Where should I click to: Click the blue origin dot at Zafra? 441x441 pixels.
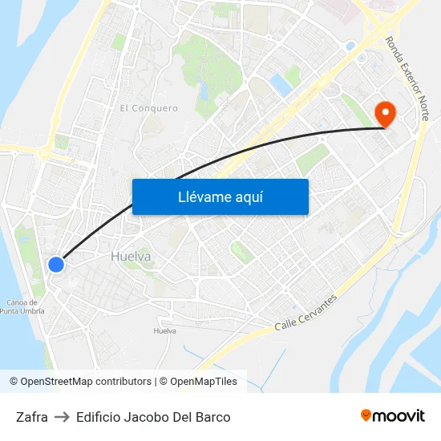click(55, 264)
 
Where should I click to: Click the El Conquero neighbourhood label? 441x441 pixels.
click(148, 107)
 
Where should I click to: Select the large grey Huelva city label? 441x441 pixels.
click(131, 257)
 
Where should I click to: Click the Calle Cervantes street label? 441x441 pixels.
click(305, 313)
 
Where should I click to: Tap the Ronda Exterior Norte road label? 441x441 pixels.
click(407, 78)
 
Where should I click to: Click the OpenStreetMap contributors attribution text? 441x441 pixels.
click(86, 382)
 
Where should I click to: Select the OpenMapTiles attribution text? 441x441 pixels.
click(202, 382)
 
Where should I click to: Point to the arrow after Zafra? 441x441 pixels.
click(62, 417)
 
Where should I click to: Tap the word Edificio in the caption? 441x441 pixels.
click(100, 417)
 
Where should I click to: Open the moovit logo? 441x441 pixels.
click(393, 416)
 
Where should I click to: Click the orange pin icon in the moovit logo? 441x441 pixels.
click(366, 415)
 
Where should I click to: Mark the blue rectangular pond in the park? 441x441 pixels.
click(281, 84)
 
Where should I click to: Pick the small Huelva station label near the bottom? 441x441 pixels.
click(164, 331)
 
